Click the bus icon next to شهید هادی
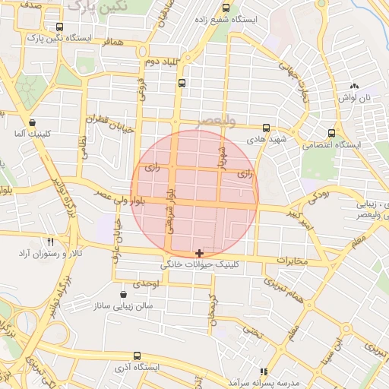[x=266, y=128]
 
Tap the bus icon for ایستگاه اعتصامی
[x=331, y=131]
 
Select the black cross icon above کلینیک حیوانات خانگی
[x=199, y=252]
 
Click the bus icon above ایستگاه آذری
[x=137, y=356]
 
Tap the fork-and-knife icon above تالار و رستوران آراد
[x=49, y=240]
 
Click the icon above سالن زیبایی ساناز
[x=124, y=294]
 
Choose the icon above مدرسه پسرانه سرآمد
[x=264, y=372]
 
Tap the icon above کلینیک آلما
[x=32, y=122]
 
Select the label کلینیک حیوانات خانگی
[x=199, y=266]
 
